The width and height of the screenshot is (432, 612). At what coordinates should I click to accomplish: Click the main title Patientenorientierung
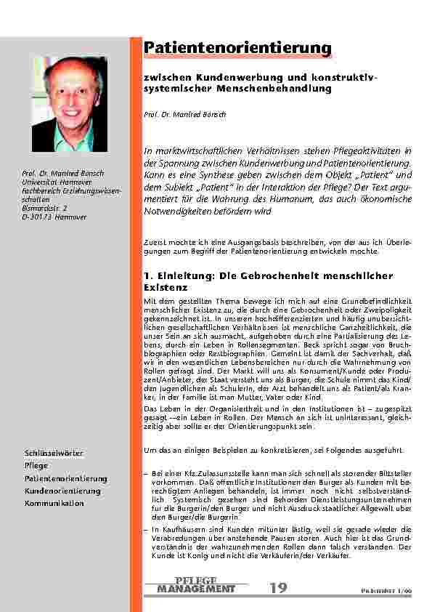tap(237, 48)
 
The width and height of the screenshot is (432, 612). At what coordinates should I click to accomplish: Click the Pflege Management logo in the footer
tap(196, 584)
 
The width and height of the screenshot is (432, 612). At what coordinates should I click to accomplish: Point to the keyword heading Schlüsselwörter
tap(54, 454)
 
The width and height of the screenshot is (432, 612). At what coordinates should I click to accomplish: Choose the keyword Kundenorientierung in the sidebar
tap(62, 491)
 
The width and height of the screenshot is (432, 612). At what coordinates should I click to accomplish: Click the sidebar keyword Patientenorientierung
tap(65, 479)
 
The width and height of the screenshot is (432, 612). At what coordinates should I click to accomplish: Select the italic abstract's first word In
tap(150, 150)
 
